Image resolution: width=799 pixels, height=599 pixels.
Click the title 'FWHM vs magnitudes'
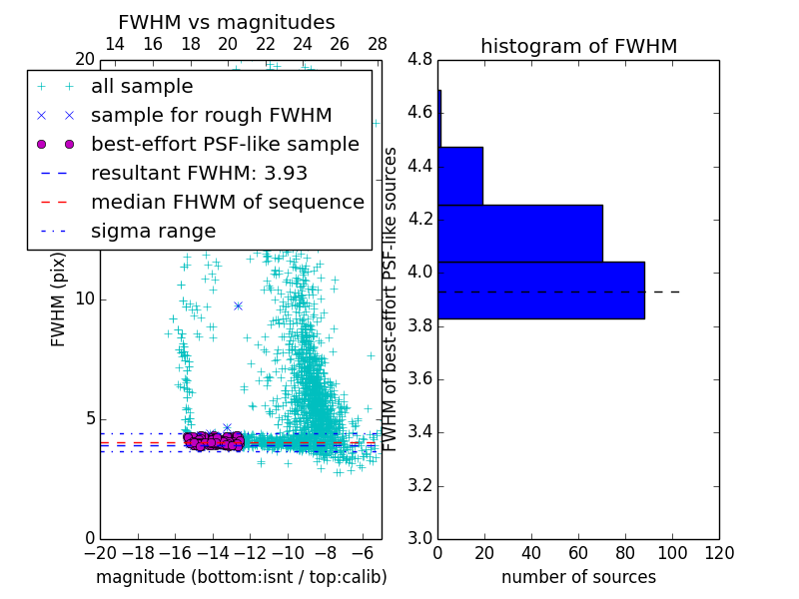[227, 22]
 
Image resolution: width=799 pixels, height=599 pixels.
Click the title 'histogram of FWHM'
[578, 46]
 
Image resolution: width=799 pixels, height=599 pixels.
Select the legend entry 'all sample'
[142, 87]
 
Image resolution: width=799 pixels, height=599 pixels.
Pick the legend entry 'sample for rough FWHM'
[211, 116]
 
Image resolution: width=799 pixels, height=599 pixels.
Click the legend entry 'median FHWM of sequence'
[227, 202]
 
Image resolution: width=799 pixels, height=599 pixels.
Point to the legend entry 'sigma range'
[153, 231]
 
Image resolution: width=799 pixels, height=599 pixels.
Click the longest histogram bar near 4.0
[540, 290]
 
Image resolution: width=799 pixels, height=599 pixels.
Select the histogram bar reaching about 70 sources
[519, 233]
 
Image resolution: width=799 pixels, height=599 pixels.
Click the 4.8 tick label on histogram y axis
[420, 59]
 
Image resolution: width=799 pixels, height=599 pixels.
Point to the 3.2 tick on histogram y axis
[420, 485]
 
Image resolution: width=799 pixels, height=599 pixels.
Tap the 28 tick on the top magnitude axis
[378, 44]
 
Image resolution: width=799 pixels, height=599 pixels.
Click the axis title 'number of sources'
[578, 577]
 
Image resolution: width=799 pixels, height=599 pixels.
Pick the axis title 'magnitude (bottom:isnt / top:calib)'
[241, 577]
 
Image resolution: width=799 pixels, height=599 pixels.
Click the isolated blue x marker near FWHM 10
[238, 305]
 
